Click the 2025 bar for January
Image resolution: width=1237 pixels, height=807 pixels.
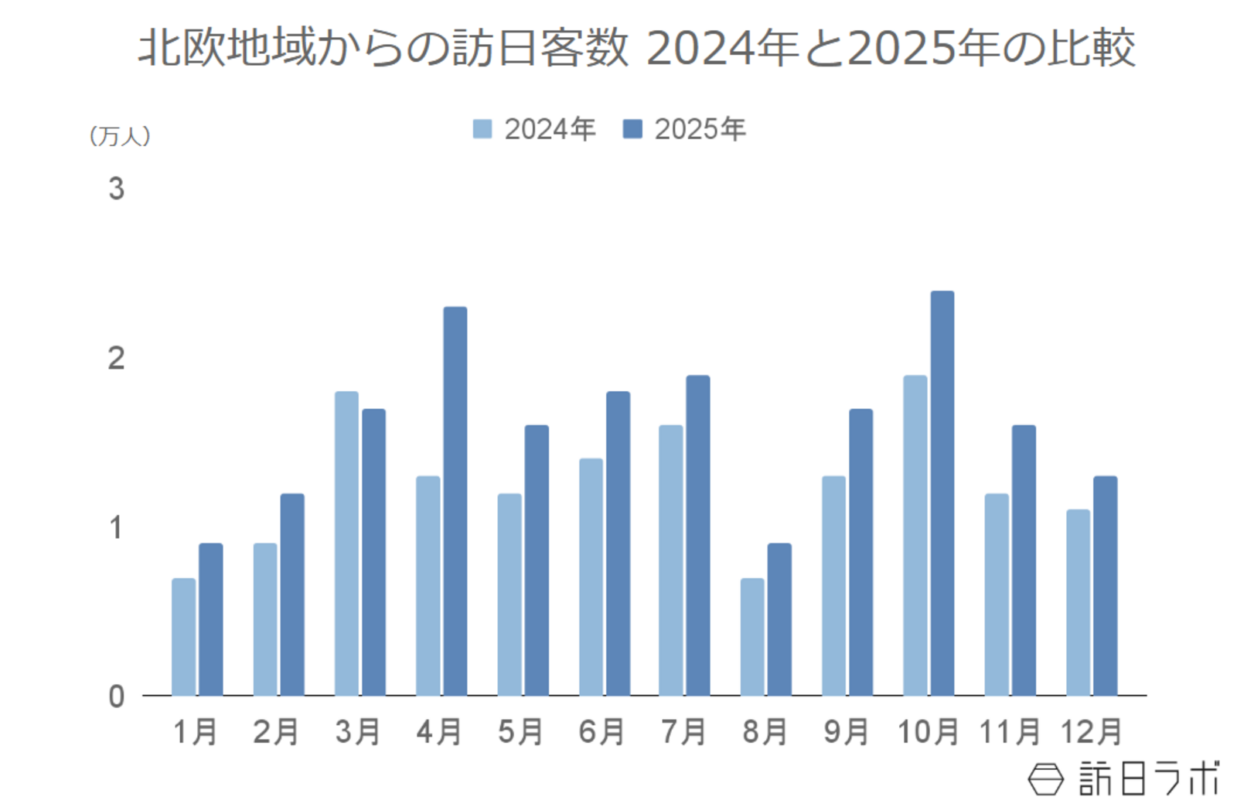[x=210, y=619]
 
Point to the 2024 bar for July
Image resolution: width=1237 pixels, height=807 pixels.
[x=670, y=560]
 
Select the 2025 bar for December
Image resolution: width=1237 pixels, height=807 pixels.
[x=1105, y=585]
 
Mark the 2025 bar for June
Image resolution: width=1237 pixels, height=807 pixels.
[x=618, y=543]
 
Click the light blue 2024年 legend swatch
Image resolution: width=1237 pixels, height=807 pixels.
[x=482, y=129]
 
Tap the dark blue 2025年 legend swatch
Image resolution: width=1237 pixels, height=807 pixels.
[x=632, y=129]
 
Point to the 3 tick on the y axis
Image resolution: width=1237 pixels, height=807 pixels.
[x=116, y=189]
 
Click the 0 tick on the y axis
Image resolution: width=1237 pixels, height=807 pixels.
[x=116, y=696]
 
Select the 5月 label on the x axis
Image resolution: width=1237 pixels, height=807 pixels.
[x=520, y=732]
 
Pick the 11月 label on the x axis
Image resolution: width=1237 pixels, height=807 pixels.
[x=1009, y=732]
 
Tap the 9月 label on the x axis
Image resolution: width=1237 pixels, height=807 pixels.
[x=846, y=732]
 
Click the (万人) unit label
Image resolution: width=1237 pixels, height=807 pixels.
[x=120, y=137]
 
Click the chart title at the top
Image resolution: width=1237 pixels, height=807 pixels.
[x=636, y=48]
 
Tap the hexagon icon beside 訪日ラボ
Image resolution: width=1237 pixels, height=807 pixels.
[x=1045, y=778]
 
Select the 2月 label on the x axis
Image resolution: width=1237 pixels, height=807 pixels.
[x=276, y=732]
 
